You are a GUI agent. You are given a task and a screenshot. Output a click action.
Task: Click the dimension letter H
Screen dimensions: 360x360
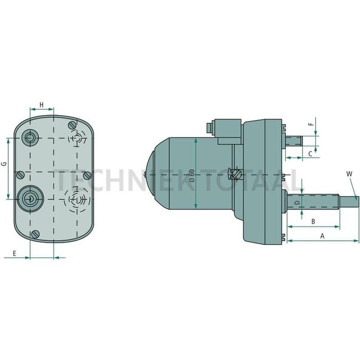pyautogui.click(x=42, y=104)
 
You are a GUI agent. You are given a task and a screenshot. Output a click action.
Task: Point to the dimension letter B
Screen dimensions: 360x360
pyautogui.click(x=313, y=221)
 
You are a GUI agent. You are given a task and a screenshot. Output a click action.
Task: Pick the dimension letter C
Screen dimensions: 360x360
pyautogui.click(x=310, y=153)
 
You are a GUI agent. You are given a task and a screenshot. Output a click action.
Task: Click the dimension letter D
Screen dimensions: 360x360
pyautogui.click(x=297, y=204)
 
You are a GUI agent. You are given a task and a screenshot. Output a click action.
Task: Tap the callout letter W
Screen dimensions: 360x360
pyautogui.click(x=349, y=174)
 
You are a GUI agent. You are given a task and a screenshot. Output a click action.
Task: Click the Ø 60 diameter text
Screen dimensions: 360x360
pyautogui.click(x=191, y=175)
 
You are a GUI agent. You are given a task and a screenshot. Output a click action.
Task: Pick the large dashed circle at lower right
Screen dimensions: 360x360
pyautogui.click(x=76, y=197)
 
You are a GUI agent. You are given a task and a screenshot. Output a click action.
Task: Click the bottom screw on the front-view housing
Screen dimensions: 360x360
pyautogui.click(x=36, y=233)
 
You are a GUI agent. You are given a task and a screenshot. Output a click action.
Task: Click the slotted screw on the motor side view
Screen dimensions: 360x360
pyautogui.click(x=237, y=174)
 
